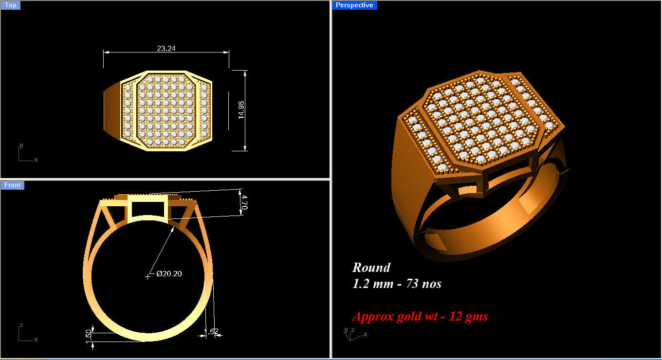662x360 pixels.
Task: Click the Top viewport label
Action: pos(10,5)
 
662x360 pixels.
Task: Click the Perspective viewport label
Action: pos(354,5)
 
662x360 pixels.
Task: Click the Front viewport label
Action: pos(13,185)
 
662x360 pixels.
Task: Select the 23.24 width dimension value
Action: pos(166,49)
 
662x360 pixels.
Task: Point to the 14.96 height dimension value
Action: pos(241,110)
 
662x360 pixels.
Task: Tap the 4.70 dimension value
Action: pos(244,202)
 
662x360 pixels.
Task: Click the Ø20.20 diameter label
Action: pos(169,274)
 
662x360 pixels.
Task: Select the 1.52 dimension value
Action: pos(212,332)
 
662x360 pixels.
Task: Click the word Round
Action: pos(371,268)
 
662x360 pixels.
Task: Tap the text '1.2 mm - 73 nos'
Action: pos(397,284)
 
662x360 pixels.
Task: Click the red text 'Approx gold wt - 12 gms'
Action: pos(420,317)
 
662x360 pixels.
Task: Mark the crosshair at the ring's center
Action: pos(147,277)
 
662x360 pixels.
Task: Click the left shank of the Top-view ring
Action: pos(112,111)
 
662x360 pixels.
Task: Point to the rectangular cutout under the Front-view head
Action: pos(149,210)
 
